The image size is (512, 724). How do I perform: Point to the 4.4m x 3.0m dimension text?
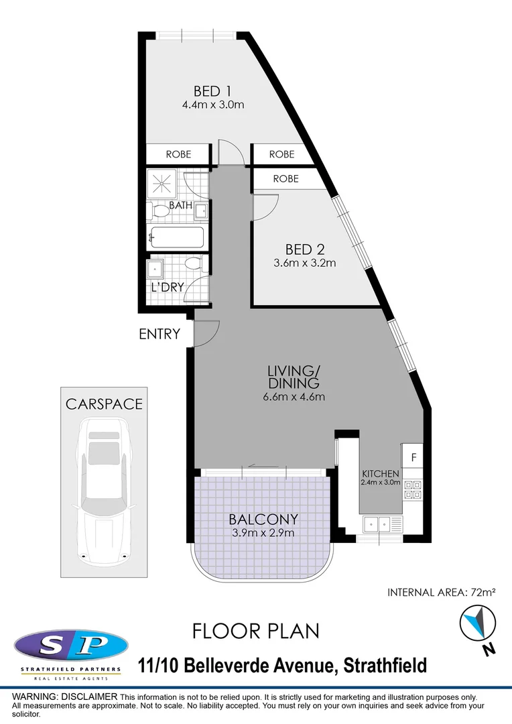pyautogui.click(x=212, y=105)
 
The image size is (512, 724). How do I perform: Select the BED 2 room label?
pyautogui.click(x=305, y=249)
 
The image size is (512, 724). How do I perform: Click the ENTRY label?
pyautogui.click(x=159, y=334)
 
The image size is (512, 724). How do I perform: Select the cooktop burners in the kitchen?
pyautogui.click(x=412, y=490)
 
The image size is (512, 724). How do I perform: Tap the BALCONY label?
pyautogui.click(x=263, y=519)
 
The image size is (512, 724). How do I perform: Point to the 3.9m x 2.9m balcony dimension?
pyautogui.click(x=263, y=534)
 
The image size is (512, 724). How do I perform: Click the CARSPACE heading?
pyautogui.click(x=103, y=404)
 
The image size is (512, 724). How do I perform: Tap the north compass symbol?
pyautogui.click(x=476, y=623)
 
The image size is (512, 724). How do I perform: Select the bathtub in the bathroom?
pyautogui.click(x=177, y=238)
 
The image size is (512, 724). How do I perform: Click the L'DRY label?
pyautogui.click(x=167, y=288)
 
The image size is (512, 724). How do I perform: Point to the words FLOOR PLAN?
pyautogui.click(x=255, y=631)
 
